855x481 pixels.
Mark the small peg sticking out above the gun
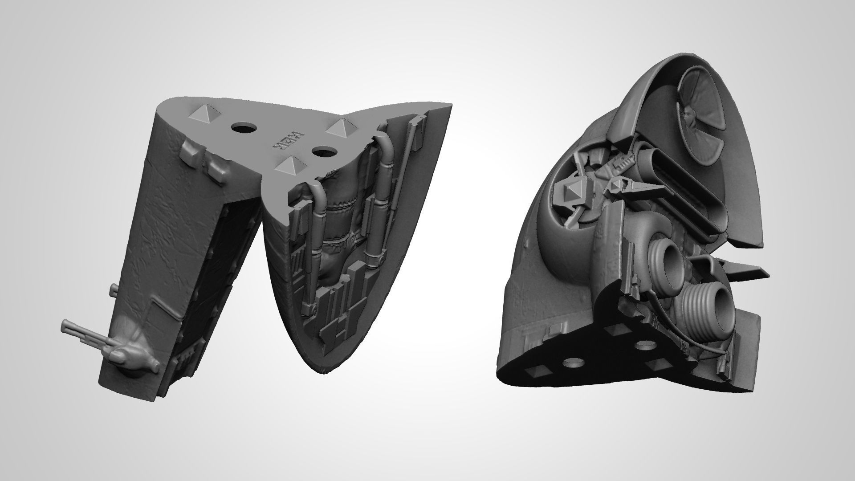click(113, 291)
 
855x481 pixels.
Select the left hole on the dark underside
click(574, 363)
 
